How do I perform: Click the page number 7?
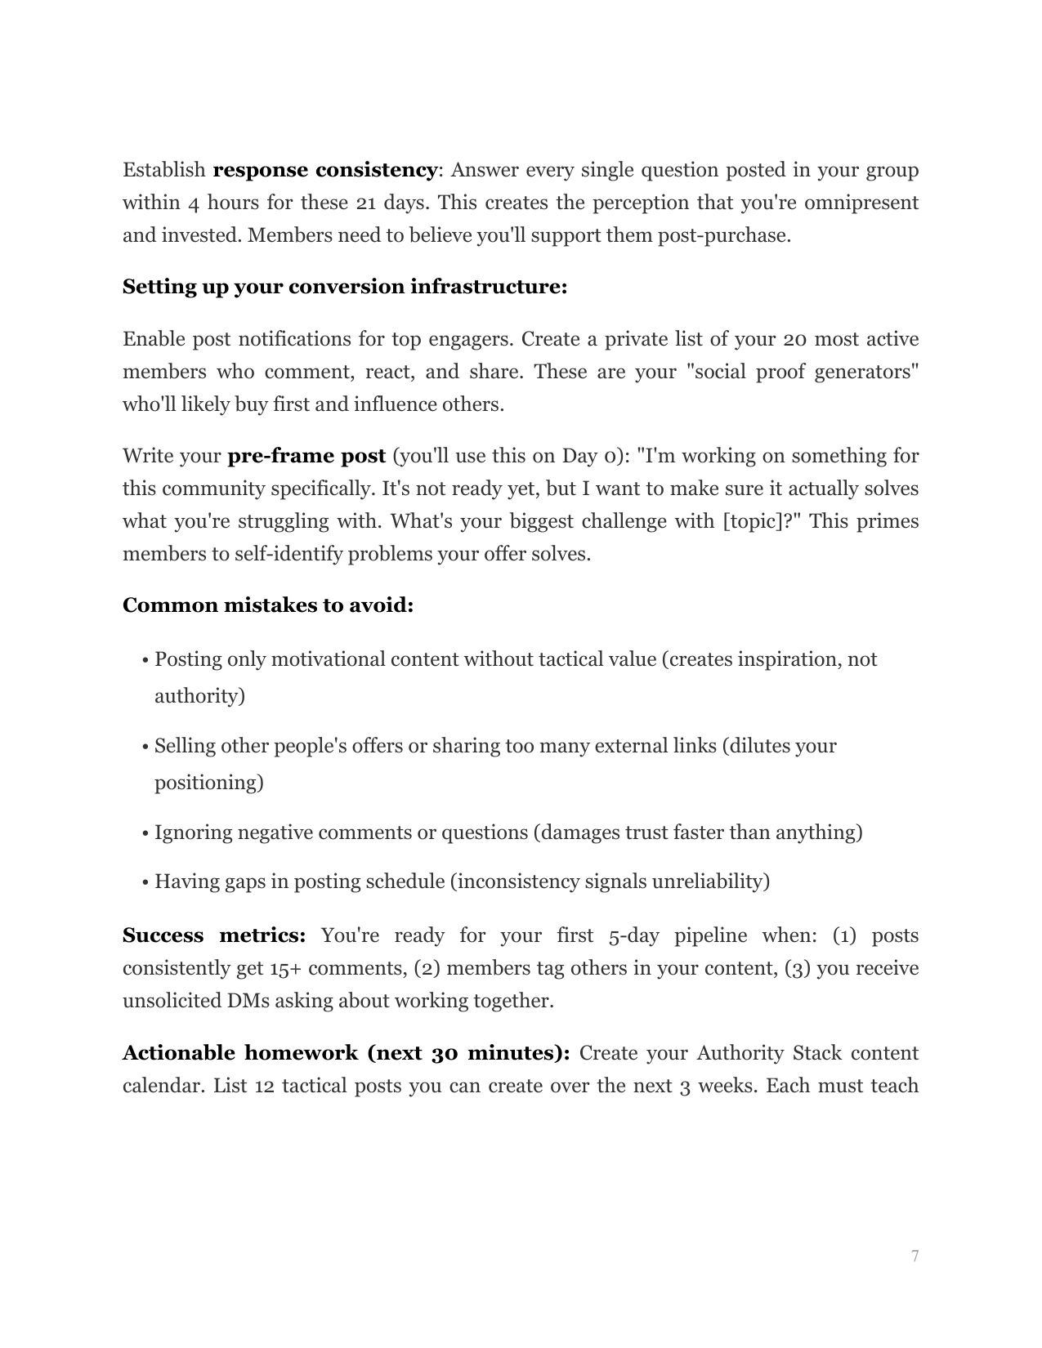(915, 1256)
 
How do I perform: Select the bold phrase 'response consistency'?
(324, 170)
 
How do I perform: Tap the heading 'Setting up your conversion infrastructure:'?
(344, 287)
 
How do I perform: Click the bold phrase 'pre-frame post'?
(306, 456)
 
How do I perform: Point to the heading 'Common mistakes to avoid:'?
(267, 605)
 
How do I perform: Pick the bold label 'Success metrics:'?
(213, 935)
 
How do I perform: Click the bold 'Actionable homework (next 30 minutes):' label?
(346, 1053)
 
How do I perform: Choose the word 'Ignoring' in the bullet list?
(192, 832)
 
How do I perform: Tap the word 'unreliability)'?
(710, 882)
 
